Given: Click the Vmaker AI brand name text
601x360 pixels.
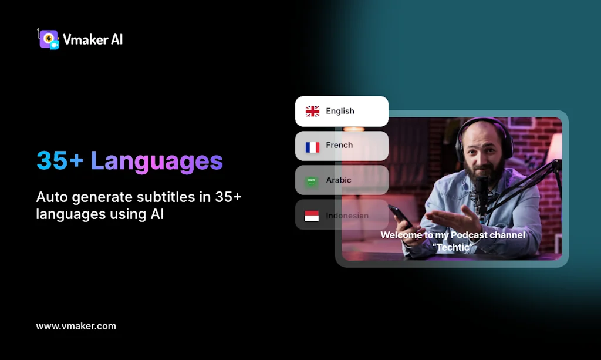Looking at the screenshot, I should point(93,40).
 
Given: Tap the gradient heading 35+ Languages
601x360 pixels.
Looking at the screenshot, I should point(130,160).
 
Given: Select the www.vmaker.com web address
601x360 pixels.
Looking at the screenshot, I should point(76,326).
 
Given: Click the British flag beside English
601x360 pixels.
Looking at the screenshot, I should point(312,112).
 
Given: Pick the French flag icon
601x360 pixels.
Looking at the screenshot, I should point(312,146).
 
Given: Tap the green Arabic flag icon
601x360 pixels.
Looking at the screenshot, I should point(312,181).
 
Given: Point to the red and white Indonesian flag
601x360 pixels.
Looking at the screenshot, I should point(312,216).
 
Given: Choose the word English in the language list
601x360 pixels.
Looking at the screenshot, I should point(340,111).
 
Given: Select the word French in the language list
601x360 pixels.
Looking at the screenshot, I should point(339,145).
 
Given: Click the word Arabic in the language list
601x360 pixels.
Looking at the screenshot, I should point(339,180).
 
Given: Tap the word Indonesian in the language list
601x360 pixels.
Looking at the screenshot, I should point(347,216).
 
